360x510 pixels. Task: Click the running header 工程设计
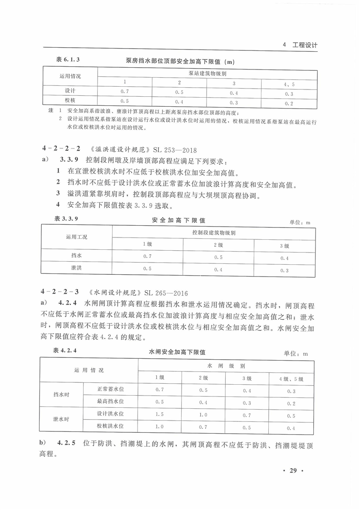click(x=305, y=45)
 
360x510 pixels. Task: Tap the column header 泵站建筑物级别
click(x=207, y=73)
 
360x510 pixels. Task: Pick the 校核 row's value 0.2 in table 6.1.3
click(x=289, y=103)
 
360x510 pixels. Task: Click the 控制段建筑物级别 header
click(x=213, y=233)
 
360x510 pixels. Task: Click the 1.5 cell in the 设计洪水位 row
click(x=159, y=414)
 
